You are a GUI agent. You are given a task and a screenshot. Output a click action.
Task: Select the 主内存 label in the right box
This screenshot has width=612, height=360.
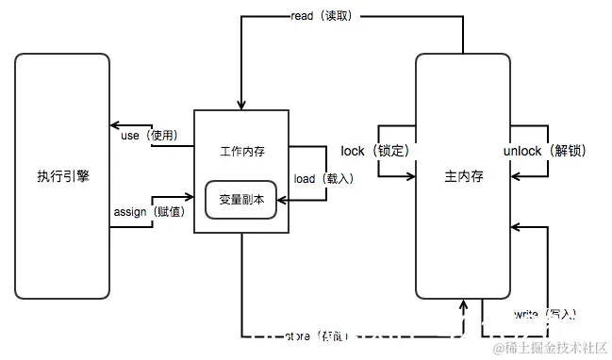coord(463,176)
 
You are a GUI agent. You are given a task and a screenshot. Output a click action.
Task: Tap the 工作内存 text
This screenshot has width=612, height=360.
coord(241,151)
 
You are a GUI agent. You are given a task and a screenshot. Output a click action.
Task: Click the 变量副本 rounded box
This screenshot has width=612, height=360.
coord(241,200)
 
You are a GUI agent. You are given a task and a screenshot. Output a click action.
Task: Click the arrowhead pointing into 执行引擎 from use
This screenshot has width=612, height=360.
coord(112,125)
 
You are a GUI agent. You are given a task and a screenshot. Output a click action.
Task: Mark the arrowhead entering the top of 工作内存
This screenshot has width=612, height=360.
coord(241,105)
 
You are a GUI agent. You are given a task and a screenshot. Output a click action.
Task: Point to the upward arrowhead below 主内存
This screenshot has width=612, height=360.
coord(463,304)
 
